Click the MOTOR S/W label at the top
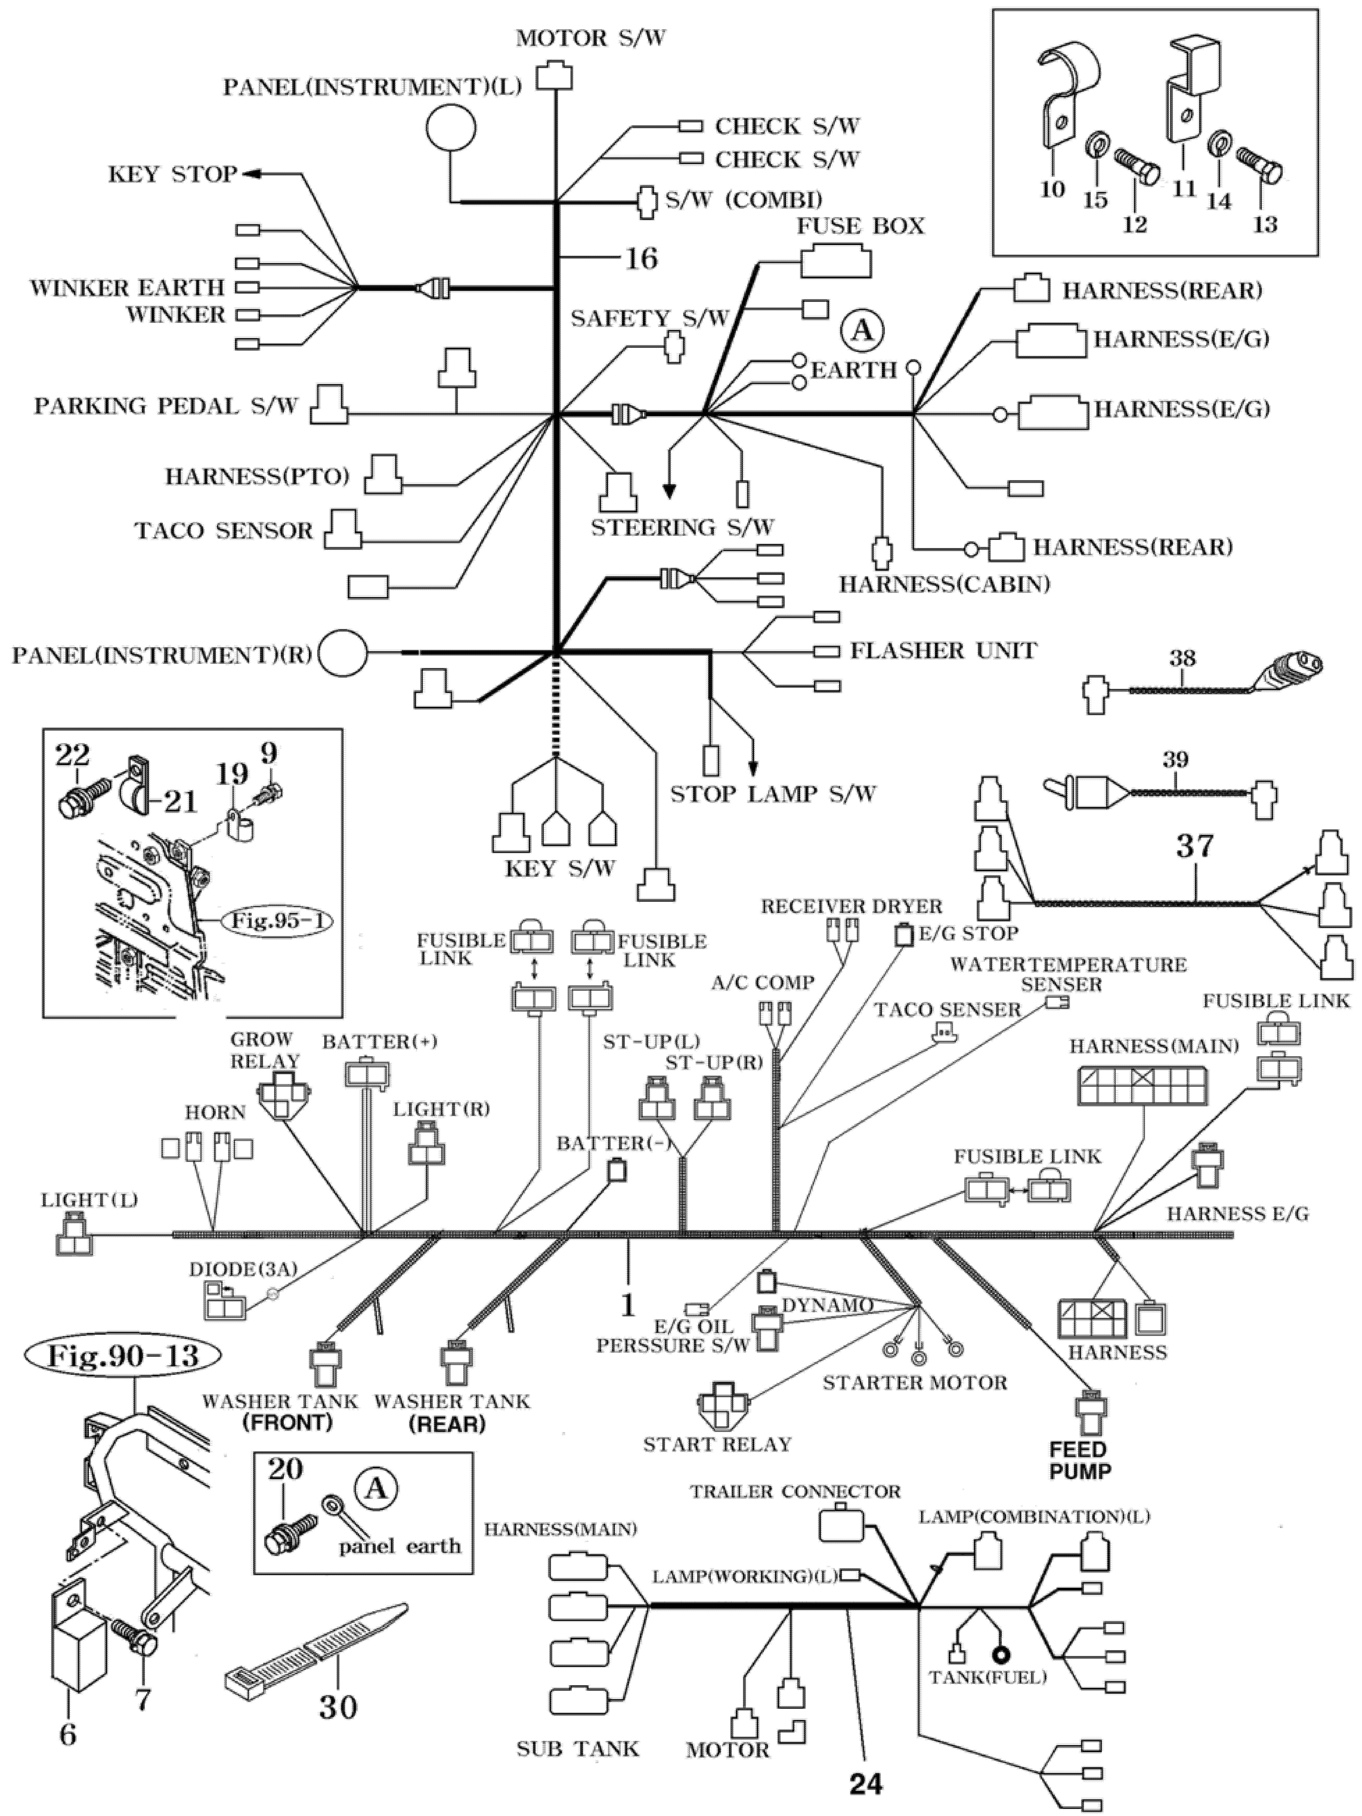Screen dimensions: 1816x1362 [x=590, y=38]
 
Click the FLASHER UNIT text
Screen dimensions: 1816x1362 [x=943, y=651]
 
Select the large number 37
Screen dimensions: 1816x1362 [x=1195, y=846]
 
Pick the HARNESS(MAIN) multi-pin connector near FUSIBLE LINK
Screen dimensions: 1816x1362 [x=1141, y=1085]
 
